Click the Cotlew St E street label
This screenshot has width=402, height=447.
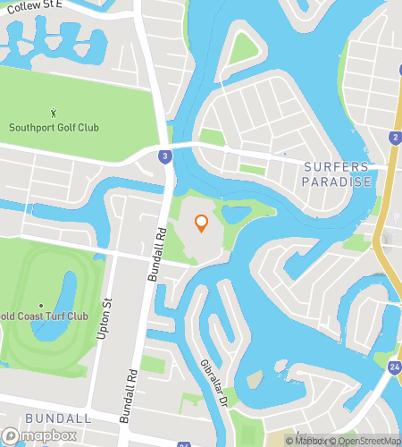click(35, 5)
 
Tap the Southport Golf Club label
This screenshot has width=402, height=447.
click(54, 127)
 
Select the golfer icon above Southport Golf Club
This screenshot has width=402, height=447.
click(54, 112)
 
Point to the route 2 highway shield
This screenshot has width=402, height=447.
click(394, 137)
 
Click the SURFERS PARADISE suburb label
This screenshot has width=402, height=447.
click(337, 174)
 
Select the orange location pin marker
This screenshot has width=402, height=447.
click(201, 223)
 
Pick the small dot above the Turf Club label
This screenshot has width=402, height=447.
click(41, 305)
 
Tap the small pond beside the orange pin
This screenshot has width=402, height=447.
click(236, 215)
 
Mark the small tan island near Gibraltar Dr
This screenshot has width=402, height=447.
click(255, 380)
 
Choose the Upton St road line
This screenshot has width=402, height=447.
click(100, 358)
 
